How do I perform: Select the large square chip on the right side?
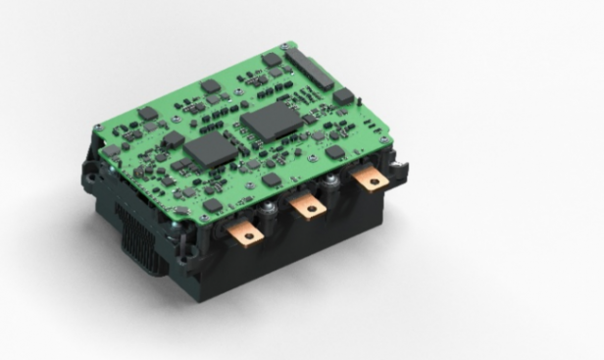click(x=269, y=122)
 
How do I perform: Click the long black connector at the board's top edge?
click(x=311, y=70)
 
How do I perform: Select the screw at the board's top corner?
click(x=284, y=45)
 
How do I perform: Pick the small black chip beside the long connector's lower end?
click(x=343, y=96)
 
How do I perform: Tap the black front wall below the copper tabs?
click(x=294, y=260)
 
